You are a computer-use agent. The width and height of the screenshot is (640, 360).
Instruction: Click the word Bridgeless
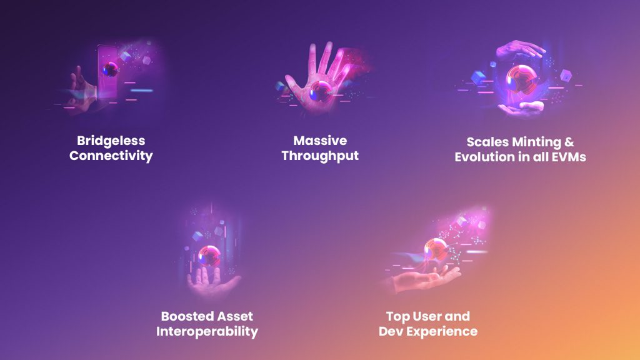pyautogui.click(x=111, y=141)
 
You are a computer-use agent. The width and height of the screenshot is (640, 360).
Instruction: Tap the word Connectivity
pyautogui.click(x=111, y=156)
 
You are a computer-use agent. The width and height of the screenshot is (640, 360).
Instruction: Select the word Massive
pyautogui.click(x=320, y=141)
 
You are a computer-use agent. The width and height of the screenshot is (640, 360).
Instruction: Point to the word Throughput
pyautogui.click(x=320, y=156)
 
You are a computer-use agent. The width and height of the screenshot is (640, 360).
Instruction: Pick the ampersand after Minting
pyautogui.click(x=569, y=142)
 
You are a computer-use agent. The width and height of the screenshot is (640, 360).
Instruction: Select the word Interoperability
pyautogui.click(x=207, y=331)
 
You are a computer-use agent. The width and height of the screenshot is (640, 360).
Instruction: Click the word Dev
pyautogui.click(x=391, y=331)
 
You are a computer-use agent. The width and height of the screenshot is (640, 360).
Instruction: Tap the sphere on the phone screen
pyautogui.click(x=111, y=69)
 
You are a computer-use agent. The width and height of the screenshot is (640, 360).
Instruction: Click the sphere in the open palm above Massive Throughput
pyautogui.click(x=321, y=91)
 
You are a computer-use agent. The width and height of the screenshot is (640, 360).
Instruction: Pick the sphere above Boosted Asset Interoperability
pyautogui.click(x=209, y=256)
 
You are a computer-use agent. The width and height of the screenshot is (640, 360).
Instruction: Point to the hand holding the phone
pyautogui.click(x=82, y=92)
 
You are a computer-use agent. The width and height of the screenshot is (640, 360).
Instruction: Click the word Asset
pyautogui.click(x=235, y=316)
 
